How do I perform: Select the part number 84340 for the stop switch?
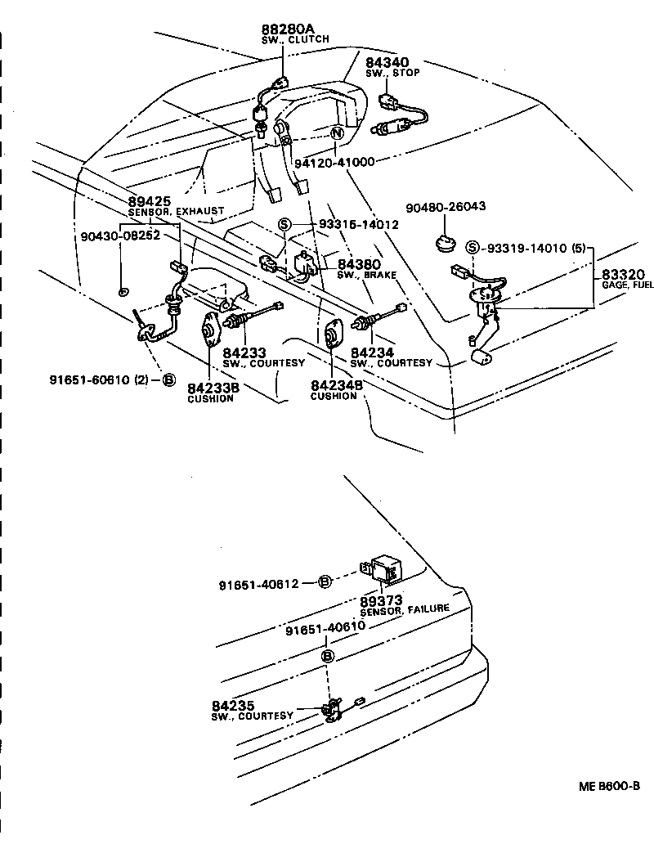point(387,62)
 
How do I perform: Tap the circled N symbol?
point(336,134)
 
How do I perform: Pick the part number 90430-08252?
point(121,236)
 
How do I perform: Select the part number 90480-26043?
point(446,207)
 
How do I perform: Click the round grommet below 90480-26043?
point(446,243)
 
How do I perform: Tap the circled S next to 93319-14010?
point(472,248)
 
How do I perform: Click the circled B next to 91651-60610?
point(168,379)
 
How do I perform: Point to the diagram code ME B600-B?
point(609,786)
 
